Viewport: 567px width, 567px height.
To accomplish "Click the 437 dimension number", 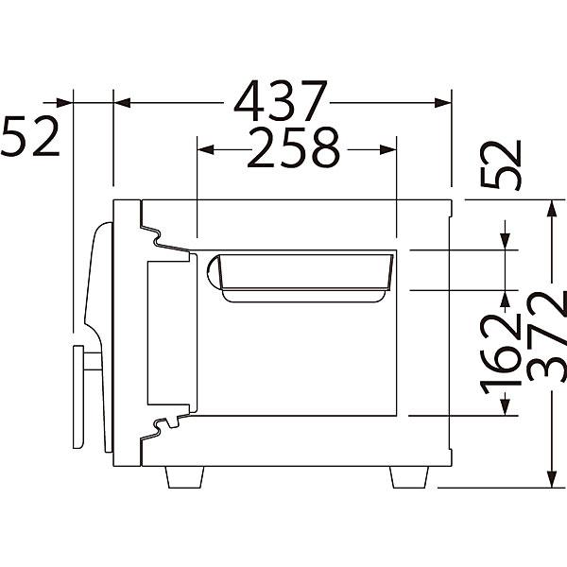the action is pyautogui.click(x=281, y=101).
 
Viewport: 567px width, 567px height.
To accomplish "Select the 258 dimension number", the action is pyautogui.click(x=293, y=147).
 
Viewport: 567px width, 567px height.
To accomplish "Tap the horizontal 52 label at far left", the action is pyautogui.click(x=29, y=135).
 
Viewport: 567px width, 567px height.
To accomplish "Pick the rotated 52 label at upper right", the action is pyautogui.click(x=501, y=164).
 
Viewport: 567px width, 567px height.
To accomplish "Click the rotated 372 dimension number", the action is pyautogui.click(x=547, y=336).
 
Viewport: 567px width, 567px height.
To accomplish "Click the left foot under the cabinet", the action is pyautogui.click(x=184, y=477).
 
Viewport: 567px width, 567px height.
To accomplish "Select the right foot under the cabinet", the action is pyautogui.click(x=409, y=477).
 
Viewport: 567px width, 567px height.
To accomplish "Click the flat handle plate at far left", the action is pyautogui.click(x=78, y=397).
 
